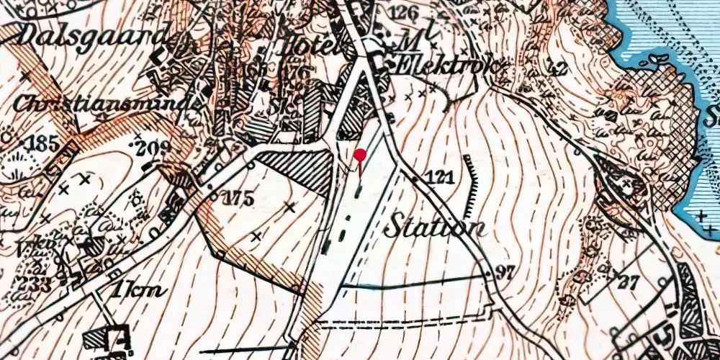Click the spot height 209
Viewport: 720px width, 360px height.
(x=153, y=148)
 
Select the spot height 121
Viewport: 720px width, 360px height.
(x=439, y=176)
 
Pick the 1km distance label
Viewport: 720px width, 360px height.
(x=138, y=291)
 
